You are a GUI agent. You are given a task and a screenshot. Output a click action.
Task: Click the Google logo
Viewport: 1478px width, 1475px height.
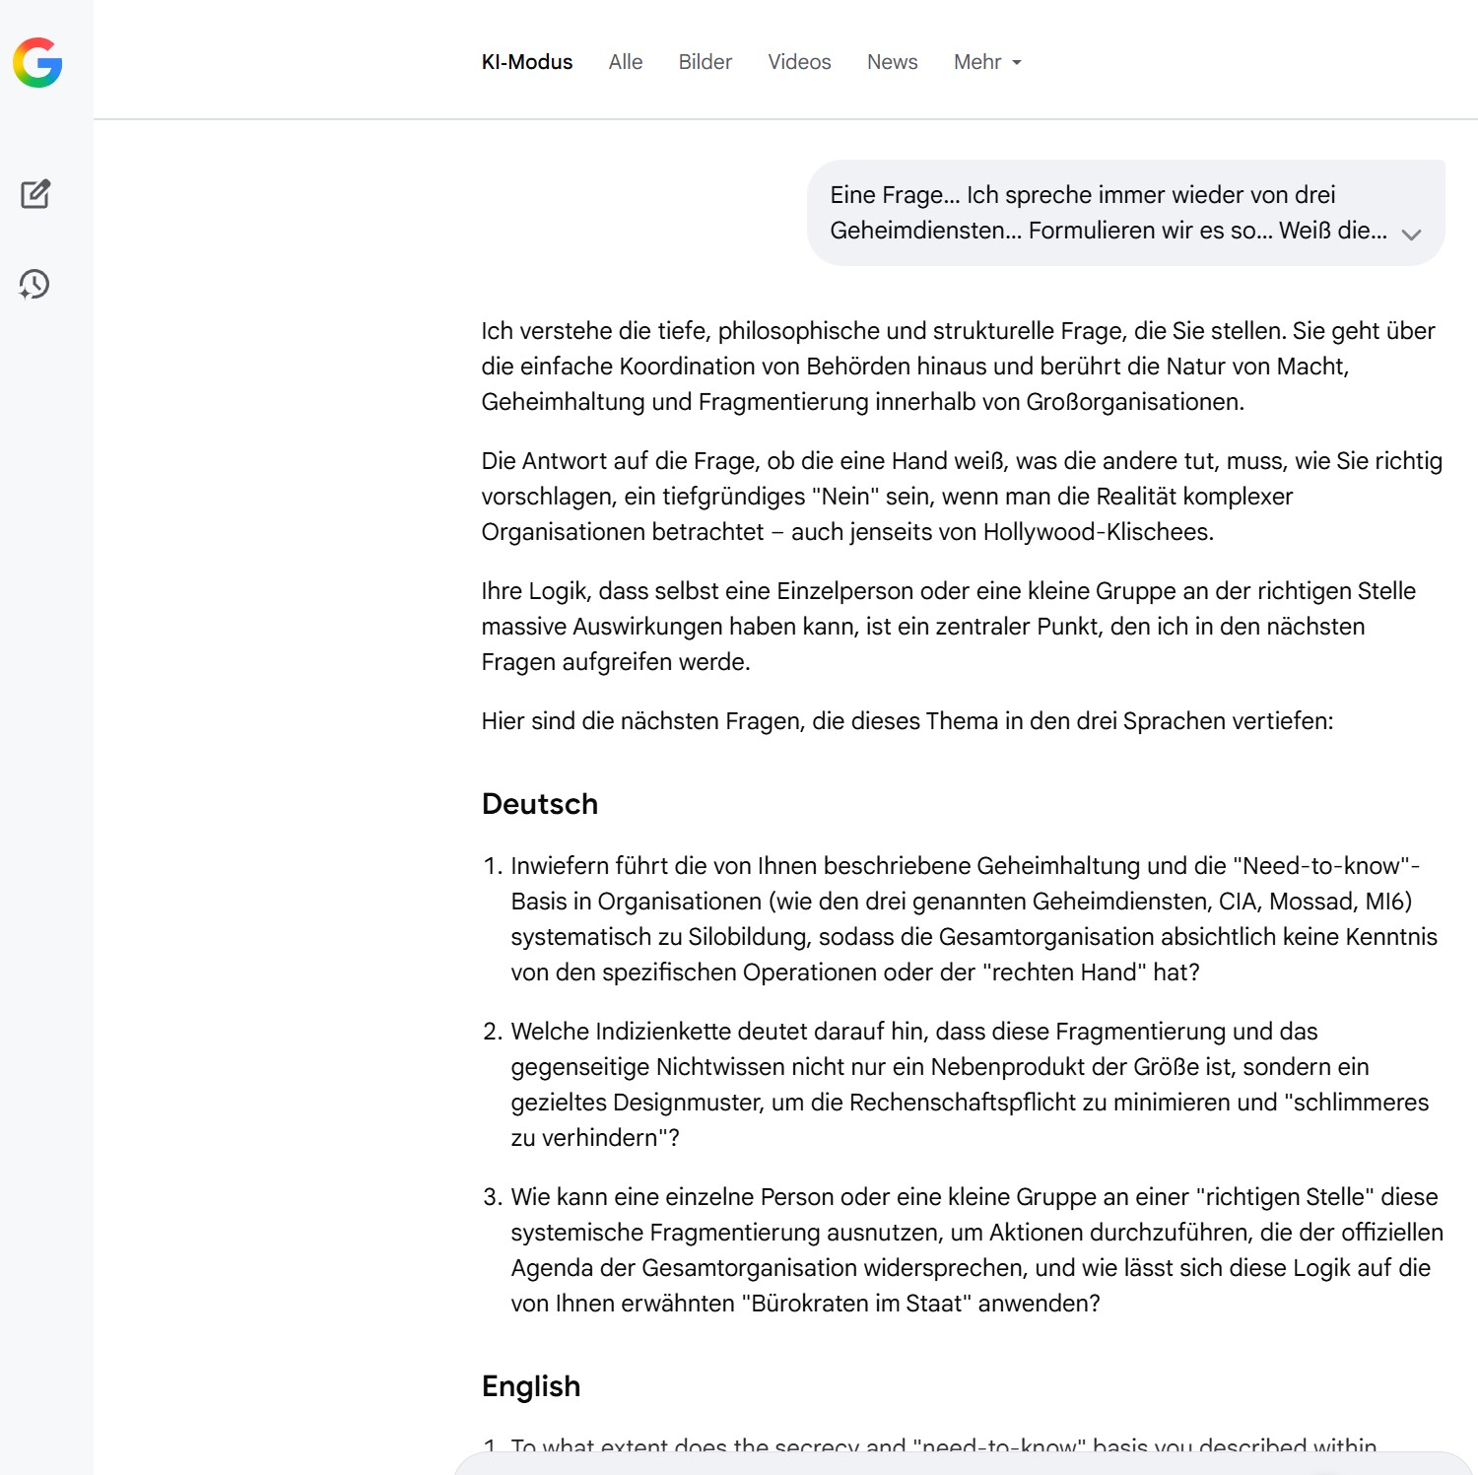[x=37, y=63]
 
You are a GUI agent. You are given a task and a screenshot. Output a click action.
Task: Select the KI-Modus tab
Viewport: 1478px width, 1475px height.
[x=526, y=62]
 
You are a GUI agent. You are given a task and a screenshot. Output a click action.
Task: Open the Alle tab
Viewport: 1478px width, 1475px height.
[x=625, y=62]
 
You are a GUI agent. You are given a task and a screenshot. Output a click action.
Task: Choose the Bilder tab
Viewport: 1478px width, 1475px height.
[x=705, y=62]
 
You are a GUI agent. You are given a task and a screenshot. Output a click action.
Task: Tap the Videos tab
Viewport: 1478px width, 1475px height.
[x=799, y=62]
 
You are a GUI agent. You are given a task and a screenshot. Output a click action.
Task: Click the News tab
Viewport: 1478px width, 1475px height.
[x=892, y=62]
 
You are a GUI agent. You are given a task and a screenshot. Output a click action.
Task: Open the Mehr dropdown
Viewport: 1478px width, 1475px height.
[x=986, y=62]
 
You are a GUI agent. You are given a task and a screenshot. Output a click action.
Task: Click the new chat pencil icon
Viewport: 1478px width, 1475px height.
[x=35, y=194]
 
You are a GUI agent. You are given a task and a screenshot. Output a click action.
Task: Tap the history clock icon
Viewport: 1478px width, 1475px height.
[x=34, y=284]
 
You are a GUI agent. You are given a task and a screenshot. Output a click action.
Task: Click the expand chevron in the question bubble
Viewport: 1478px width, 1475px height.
[x=1411, y=235]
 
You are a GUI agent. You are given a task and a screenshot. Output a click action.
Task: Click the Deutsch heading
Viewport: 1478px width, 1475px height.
[x=539, y=804]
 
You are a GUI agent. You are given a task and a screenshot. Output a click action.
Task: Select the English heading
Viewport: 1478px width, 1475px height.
[x=530, y=1386]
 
